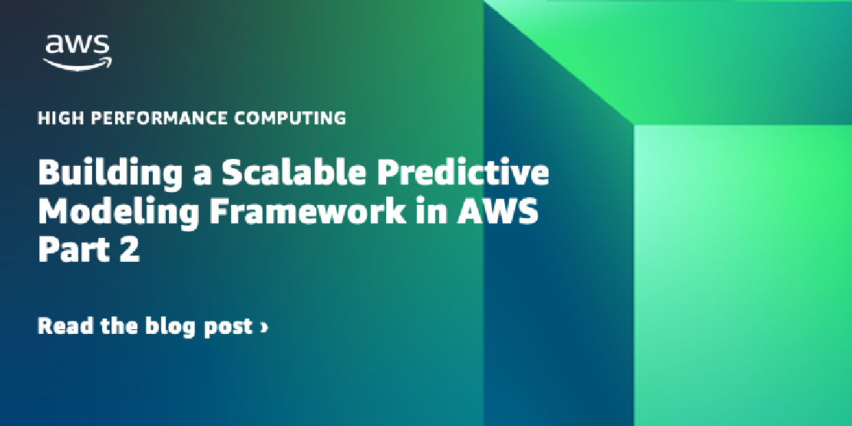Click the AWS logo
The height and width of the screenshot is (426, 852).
[x=78, y=52]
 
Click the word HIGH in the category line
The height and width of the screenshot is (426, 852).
[x=55, y=118]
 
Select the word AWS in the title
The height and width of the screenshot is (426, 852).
[x=497, y=213]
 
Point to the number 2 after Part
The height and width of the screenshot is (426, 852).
[x=130, y=251]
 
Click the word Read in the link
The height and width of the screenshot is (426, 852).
[x=65, y=326]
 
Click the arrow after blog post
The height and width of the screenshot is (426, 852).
[x=264, y=327]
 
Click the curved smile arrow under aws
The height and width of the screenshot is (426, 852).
[x=78, y=64]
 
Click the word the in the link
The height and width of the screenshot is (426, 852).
[x=119, y=326]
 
